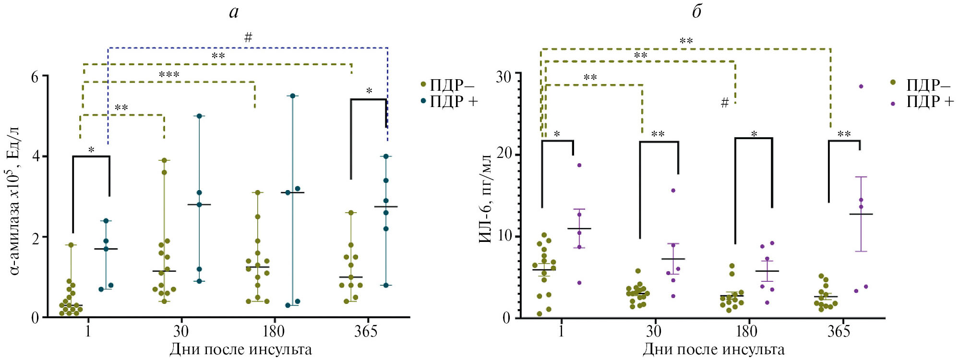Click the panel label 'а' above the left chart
click(234, 12)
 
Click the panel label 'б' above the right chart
click(697, 12)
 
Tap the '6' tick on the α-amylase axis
click(35, 77)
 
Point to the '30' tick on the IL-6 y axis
click(503, 77)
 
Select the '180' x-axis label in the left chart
click(274, 331)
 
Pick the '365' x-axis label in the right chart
click(839, 331)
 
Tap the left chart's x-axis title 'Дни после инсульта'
click(240, 349)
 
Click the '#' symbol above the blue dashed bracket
click(248, 37)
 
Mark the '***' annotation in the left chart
click(169, 75)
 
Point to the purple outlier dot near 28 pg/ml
click(861, 86)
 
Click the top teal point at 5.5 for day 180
click(292, 96)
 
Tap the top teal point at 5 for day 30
click(199, 116)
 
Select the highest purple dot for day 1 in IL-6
click(579, 165)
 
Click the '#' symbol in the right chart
click(725, 103)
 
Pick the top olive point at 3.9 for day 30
click(164, 160)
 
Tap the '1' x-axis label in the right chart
click(561, 331)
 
